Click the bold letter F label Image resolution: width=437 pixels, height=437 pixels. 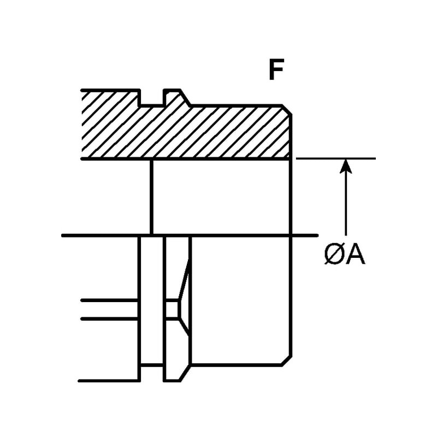(277, 70)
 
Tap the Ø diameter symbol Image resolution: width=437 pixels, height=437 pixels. (334, 255)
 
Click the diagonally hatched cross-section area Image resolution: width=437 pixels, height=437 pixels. (218, 131)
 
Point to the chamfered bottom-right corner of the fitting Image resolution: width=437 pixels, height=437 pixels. (286, 361)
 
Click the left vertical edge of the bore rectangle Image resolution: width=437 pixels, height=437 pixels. (151, 197)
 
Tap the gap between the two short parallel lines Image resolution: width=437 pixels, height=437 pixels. (109, 309)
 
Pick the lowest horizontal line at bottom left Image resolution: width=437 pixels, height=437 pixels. (109, 381)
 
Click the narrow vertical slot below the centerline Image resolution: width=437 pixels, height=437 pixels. (152, 300)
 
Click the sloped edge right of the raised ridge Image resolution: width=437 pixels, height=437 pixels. (186, 98)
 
